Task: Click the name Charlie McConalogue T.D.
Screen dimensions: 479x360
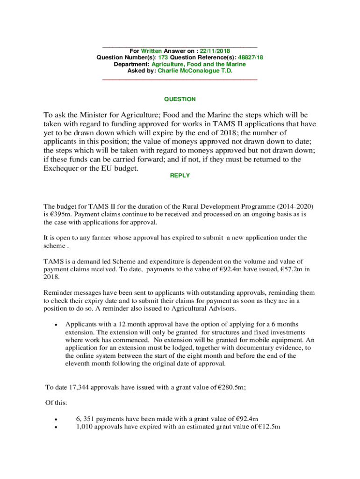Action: [x=195, y=71]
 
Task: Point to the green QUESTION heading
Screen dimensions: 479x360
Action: [x=180, y=99]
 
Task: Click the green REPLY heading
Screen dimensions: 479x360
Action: [x=180, y=175]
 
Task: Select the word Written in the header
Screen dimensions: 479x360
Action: [x=151, y=51]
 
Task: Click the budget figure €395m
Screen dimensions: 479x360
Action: [x=59, y=214]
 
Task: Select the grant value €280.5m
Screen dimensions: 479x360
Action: [x=232, y=387]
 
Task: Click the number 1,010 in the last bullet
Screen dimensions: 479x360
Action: [x=85, y=427]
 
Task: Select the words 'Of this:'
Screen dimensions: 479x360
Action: [x=56, y=403]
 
